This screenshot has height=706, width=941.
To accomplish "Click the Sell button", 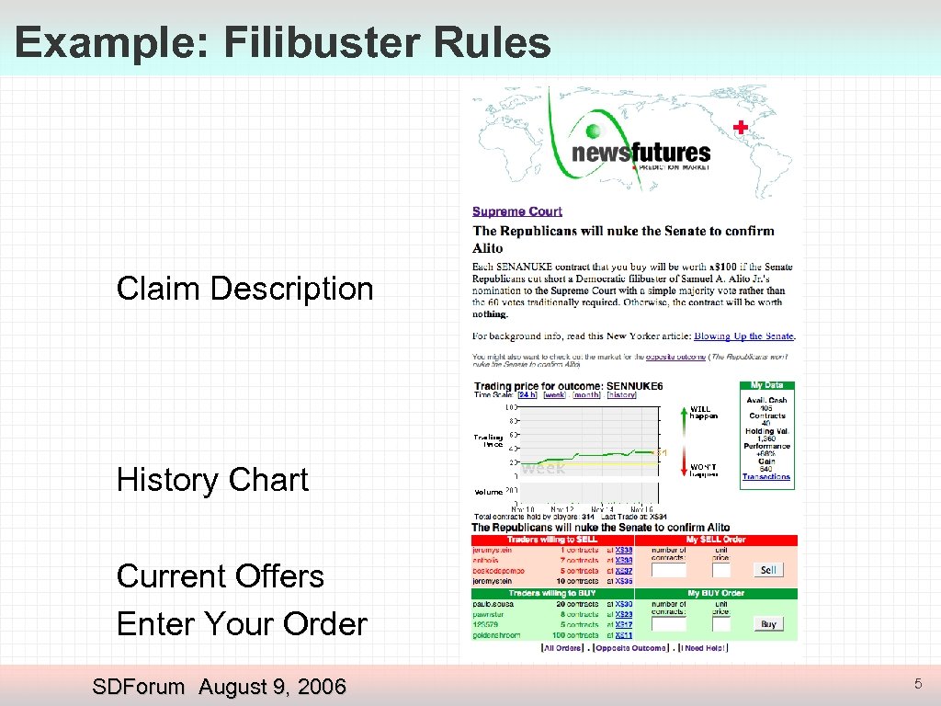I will click(x=768, y=570).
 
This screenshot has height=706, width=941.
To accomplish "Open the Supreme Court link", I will click(x=517, y=211).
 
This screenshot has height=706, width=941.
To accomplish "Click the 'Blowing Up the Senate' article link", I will click(x=743, y=336).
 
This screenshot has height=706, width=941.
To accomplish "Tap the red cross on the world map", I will click(x=739, y=128).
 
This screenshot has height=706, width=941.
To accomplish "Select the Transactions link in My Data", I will click(x=766, y=477).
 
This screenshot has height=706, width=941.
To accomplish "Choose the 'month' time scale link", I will click(x=587, y=395).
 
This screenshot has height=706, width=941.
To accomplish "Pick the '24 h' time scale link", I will click(x=527, y=395).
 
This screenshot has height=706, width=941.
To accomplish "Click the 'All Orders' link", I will click(x=562, y=648).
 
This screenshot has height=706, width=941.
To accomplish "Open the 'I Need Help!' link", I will click(x=702, y=648).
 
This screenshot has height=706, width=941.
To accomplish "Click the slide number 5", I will click(x=917, y=684).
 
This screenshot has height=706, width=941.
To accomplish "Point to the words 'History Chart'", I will click(x=212, y=480).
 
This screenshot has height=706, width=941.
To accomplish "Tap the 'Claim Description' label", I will click(x=244, y=289).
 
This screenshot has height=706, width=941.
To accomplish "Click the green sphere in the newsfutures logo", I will click(x=594, y=131).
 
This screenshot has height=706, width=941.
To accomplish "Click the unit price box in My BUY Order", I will click(x=721, y=624).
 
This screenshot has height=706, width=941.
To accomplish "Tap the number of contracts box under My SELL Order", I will click(x=669, y=571).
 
